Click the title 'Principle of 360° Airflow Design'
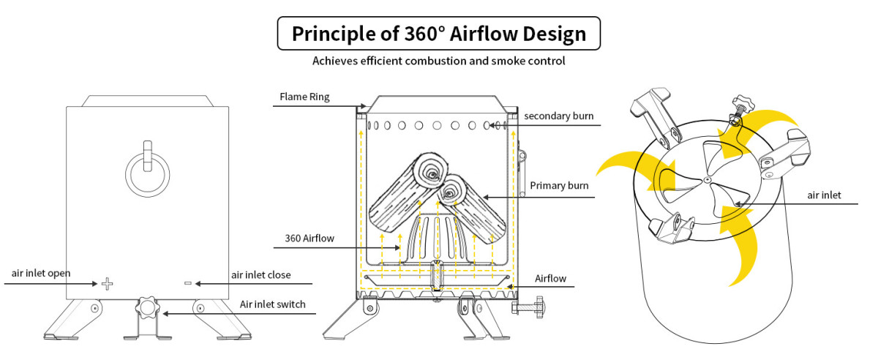(439, 34)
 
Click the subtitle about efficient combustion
(439, 61)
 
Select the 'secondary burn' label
(558, 116)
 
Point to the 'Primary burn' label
(559, 185)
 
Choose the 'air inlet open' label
(41, 274)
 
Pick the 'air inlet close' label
(261, 275)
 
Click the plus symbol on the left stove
(107, 283)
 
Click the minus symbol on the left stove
(187, 283)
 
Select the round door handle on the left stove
(147, 173)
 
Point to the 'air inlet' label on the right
(825, 195)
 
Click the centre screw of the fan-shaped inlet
(707, 180)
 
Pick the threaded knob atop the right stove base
(740, 106)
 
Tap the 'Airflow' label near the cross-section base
(550, 279)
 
